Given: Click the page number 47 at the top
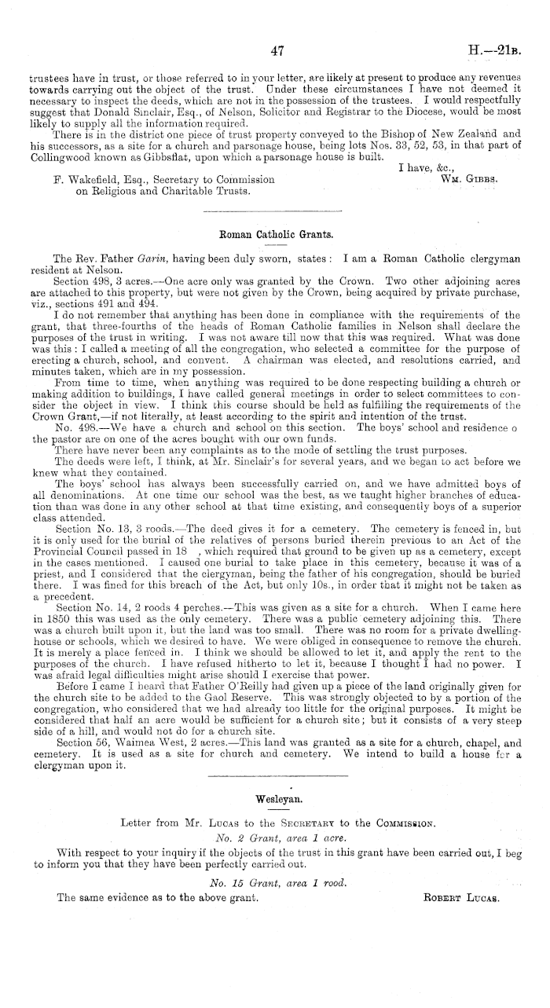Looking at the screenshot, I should [x=276, y=53].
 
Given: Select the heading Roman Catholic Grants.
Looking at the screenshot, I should [x=275, y=233].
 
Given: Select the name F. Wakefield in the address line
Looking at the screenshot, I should [x=82, y=180].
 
